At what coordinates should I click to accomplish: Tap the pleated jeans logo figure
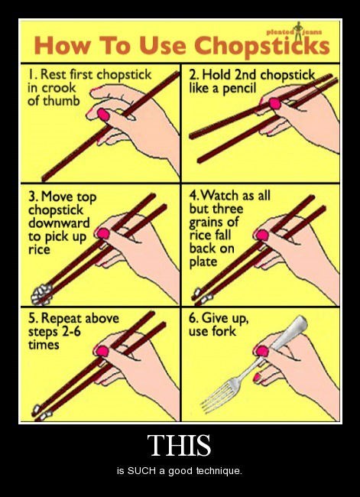[x=298, y=31]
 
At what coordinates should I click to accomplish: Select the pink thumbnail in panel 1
[x=103, y=114]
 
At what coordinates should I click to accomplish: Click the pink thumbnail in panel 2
[x=274, y=103]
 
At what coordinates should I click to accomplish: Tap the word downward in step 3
[x=59, y=223]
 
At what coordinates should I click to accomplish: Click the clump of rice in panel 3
[x=41, y=294]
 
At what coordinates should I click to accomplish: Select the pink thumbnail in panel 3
[x=103, y=234]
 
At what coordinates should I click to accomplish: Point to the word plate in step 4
[x=203, y=262]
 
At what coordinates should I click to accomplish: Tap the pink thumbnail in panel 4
[x=262, y=235]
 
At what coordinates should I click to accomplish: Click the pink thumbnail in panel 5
[x=102, y=351]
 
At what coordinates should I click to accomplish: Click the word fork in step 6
[x=225, y=331]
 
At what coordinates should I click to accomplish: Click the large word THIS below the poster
[x=179, y=445]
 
